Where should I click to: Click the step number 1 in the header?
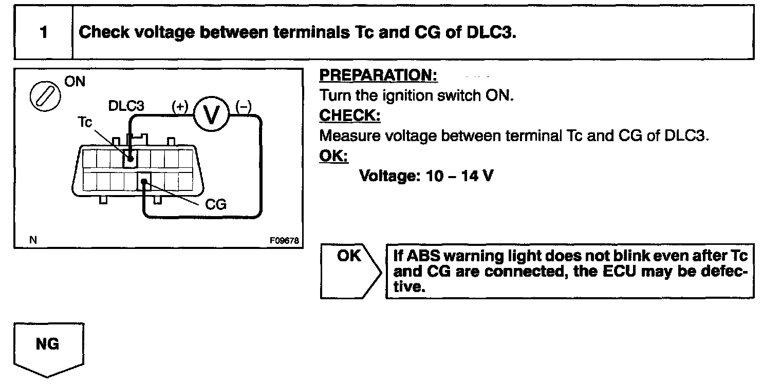(x=44, y=32)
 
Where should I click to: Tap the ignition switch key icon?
(x=44, y=96)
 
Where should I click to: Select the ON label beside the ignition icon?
(x=76, y=82)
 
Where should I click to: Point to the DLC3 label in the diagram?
(x=126, y=106)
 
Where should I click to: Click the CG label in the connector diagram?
(x=216, y=204)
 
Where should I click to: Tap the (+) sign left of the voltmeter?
(x=180, y=106)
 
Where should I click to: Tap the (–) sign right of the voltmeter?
(x=243, y=106)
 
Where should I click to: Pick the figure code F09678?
(x=284, y=240)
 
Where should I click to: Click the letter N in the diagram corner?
(x=33, y=240)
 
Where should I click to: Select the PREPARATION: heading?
(x=378, y=76)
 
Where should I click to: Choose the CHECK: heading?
(x=349, y=116)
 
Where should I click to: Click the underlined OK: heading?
(x=333, y=156)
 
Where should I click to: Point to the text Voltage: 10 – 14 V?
(x=426, y=176)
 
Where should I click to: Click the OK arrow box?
(x=350, y=271)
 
